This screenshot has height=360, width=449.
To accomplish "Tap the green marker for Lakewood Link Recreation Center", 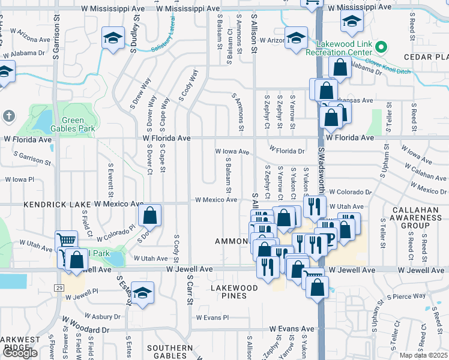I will click(380, 47).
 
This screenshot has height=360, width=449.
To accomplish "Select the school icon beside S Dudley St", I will click(112, 38).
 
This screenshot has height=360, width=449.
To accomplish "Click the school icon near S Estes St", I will click(142, 293).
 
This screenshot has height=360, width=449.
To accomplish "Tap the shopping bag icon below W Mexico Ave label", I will click(149, 215).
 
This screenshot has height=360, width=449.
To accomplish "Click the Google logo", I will click(20, 353).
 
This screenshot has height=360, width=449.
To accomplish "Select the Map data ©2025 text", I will click(424, 355).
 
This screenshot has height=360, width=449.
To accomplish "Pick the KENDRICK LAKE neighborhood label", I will click(58, 204).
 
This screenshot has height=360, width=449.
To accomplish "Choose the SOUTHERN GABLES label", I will click(170, 352).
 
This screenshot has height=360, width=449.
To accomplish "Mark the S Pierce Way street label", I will click(406, 296).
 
